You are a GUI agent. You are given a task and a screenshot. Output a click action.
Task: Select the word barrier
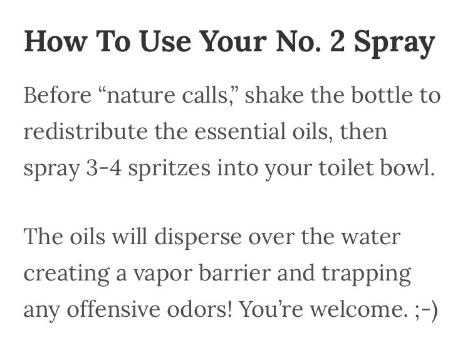(258, 274)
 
